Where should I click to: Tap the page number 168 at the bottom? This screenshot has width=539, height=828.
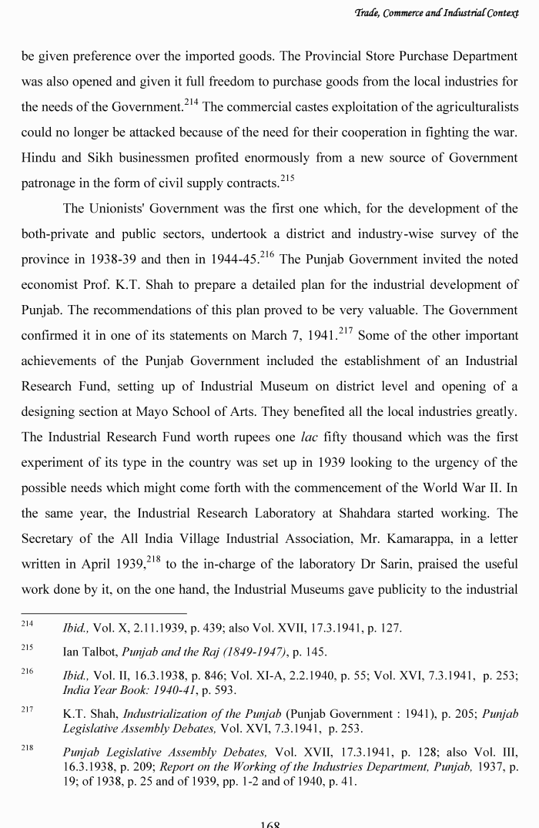(269, 823)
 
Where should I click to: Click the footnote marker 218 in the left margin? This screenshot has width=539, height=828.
(28, 749)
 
